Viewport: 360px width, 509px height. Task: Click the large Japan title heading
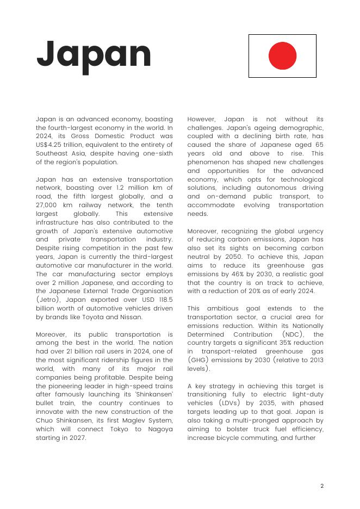coord(94,55)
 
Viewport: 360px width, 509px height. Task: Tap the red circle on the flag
coord(282,56)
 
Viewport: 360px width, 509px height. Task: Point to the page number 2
coord(322,486)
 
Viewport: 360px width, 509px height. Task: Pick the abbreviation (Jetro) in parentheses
coord(48,300)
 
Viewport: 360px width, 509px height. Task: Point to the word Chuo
coord(45,420)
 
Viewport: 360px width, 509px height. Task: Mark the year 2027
coord(76,438)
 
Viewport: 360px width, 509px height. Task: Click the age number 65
coord(319,145)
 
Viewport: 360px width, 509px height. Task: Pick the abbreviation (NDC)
coord(294,334)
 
